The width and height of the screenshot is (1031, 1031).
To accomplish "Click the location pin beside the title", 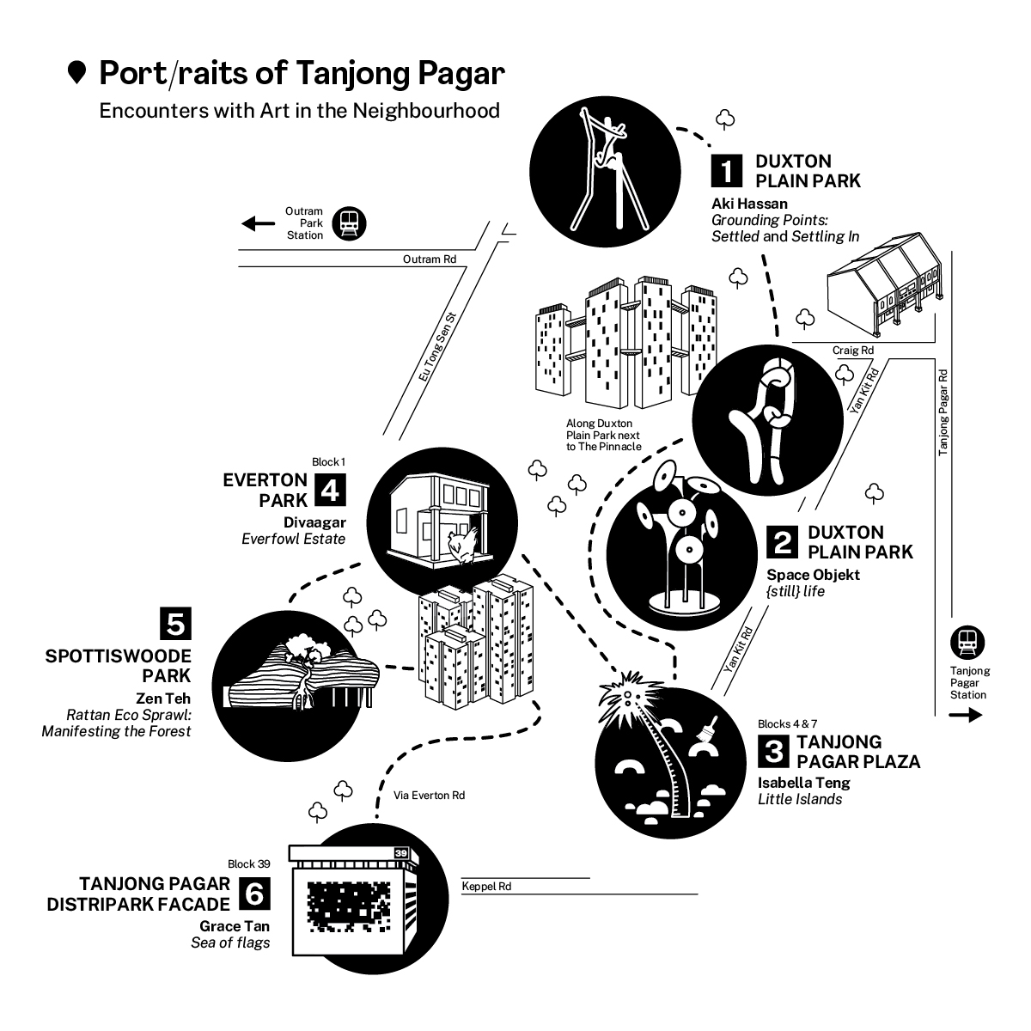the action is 77,72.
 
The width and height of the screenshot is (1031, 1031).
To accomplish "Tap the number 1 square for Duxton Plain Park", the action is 726,171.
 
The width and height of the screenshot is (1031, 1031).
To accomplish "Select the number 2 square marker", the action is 782,541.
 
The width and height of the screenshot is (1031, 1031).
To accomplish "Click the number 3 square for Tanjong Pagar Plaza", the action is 773,751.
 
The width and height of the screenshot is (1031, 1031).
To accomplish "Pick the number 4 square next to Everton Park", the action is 330,490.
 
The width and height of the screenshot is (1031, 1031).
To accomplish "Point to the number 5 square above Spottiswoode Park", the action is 175,623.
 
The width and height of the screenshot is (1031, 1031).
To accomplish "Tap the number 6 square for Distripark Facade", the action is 254,893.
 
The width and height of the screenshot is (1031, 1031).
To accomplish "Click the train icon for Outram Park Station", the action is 349,223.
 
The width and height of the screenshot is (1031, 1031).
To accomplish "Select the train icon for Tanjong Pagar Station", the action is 967,642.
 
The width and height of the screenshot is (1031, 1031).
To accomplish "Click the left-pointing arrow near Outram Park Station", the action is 258,223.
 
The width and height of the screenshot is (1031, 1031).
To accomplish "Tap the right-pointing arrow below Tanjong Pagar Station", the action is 966,715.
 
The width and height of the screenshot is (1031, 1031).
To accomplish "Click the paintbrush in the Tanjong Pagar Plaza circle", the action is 707,729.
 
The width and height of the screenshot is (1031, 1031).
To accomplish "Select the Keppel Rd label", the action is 486,886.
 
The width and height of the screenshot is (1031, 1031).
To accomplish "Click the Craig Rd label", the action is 853,350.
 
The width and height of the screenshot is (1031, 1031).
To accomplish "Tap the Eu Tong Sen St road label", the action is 437,347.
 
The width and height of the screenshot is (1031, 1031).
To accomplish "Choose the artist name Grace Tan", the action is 235,926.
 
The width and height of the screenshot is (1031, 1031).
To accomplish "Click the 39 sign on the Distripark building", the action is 400,853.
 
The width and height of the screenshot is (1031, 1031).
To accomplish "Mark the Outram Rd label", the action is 429,259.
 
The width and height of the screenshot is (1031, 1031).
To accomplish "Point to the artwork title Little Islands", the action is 800,799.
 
